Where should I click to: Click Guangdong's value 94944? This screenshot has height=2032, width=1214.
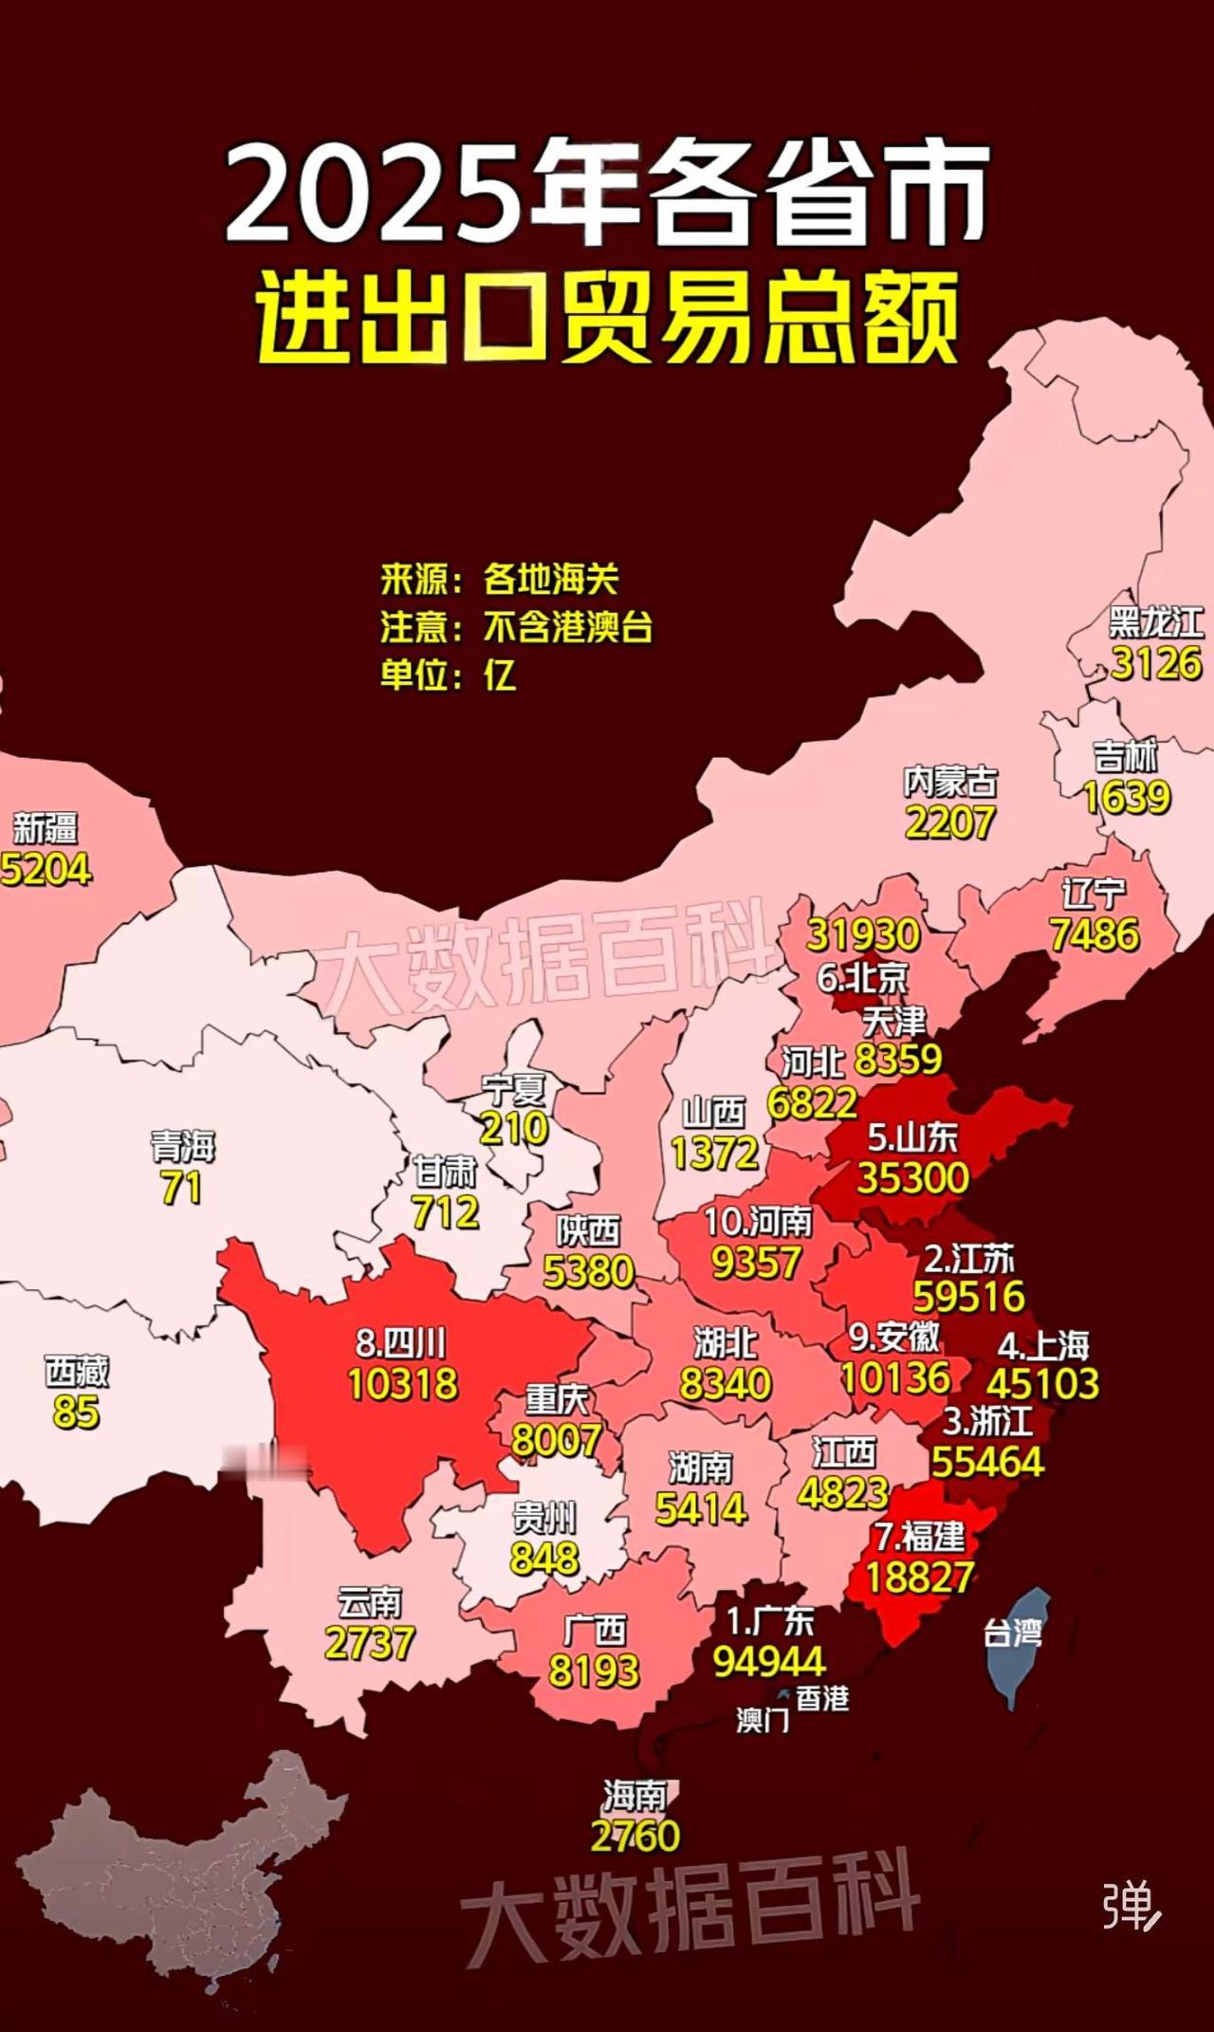[769, 1660]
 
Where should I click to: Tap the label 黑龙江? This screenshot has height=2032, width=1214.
[1156, 623]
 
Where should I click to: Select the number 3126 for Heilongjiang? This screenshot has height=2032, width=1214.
[1156, 663]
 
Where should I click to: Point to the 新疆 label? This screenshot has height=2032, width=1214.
[45, 827]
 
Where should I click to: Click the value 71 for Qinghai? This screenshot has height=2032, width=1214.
[181, 1188]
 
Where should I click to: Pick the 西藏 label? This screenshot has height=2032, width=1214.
[77, 1372]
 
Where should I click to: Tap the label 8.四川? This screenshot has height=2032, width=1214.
[401, 1343]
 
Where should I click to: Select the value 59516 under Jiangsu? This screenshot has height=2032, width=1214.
[968, 1296]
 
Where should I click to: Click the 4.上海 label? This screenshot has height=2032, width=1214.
[1043, 1345]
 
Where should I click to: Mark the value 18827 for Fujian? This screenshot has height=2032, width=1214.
[919, 1577]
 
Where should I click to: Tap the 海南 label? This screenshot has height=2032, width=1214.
[635, 1795]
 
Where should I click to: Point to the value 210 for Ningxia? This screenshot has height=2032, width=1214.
[514, 1128]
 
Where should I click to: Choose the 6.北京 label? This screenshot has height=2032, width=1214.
[863, 977]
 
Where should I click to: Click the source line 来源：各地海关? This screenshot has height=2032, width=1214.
[500, 579]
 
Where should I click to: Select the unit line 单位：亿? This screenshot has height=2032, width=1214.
[449, 675]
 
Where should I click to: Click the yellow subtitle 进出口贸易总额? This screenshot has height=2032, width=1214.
[607, 318]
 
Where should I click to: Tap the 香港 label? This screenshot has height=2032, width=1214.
[821, 1698]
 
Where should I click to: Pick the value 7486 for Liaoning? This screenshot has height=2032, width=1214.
[1094, 934]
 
